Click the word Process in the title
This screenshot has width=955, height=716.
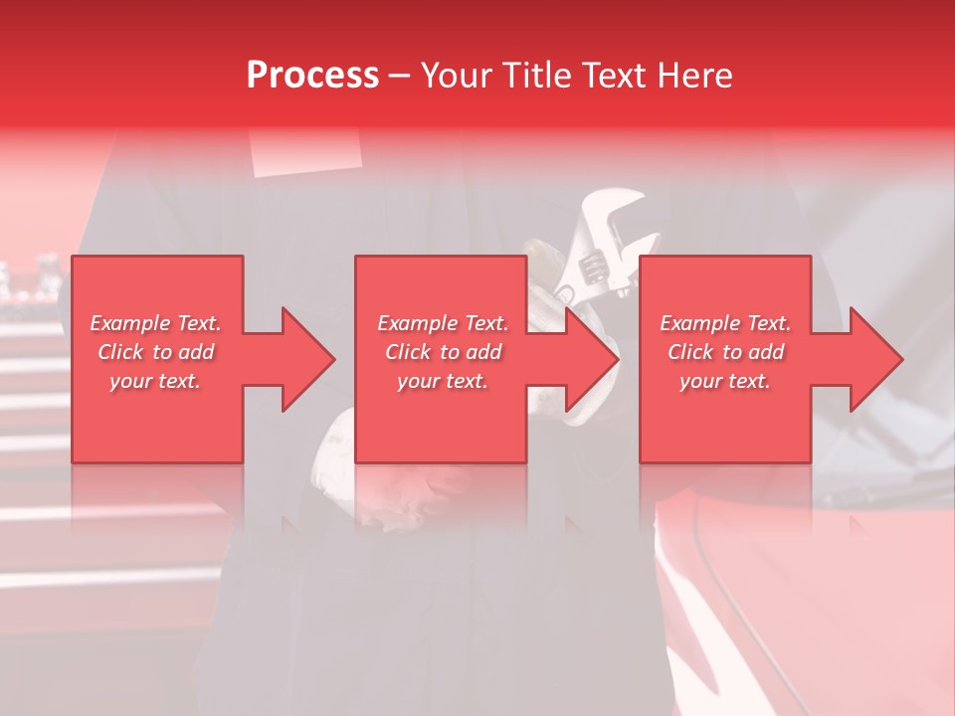click(312, 76)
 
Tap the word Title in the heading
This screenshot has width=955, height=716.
click(537, 76)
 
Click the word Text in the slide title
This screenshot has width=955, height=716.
click(615, 76)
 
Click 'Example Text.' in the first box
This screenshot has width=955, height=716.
click(156, 323)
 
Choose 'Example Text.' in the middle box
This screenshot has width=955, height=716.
click(443, 323)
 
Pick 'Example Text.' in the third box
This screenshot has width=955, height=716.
click(725, 323)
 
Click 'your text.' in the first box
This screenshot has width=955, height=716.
click(155, 381)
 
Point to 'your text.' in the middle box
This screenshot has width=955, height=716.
click(443, 381)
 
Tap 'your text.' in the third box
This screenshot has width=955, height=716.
click(725, 381)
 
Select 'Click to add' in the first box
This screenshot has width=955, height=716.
click(156, 352)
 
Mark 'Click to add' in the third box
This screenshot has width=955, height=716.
click(725, 352)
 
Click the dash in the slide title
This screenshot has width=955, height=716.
click(400, 76)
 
